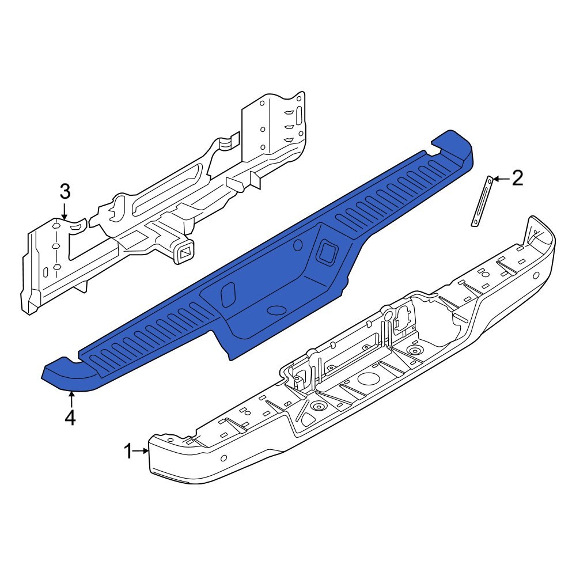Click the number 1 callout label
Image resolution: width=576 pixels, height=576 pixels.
[128, 452]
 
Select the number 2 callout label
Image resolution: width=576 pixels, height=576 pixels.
[517, 179]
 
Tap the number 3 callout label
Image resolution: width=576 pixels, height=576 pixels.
[65, 191]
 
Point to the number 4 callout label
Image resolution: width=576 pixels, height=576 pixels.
[70, 418]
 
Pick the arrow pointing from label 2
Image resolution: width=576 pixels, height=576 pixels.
[500, 179]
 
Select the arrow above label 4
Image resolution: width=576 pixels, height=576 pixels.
[70, 399]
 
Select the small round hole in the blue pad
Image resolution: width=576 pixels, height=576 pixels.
[298, 246]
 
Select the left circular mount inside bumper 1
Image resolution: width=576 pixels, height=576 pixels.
[317, 407]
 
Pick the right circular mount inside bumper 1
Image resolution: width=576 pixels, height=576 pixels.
[413, 351]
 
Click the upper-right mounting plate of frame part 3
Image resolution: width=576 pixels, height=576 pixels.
[274, 124]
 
